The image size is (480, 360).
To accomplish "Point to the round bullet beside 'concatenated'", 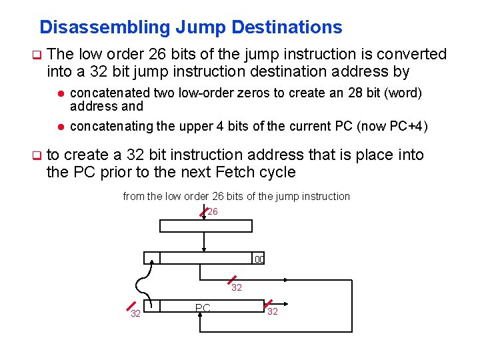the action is click(59, 94).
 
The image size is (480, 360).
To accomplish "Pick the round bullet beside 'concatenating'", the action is click(59, 127).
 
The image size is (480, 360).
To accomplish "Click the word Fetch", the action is click(238, 172).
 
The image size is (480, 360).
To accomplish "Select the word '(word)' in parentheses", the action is click(401, 93).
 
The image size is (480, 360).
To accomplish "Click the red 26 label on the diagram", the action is click(213, 212).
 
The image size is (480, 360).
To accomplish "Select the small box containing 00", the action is click(259, 259).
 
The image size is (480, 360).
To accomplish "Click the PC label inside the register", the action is click(203, 308).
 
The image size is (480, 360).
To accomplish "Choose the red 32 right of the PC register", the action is click(272, 311).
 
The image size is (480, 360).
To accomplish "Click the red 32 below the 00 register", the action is click(237, 288).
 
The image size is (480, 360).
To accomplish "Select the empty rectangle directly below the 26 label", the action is click(206, 225).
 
